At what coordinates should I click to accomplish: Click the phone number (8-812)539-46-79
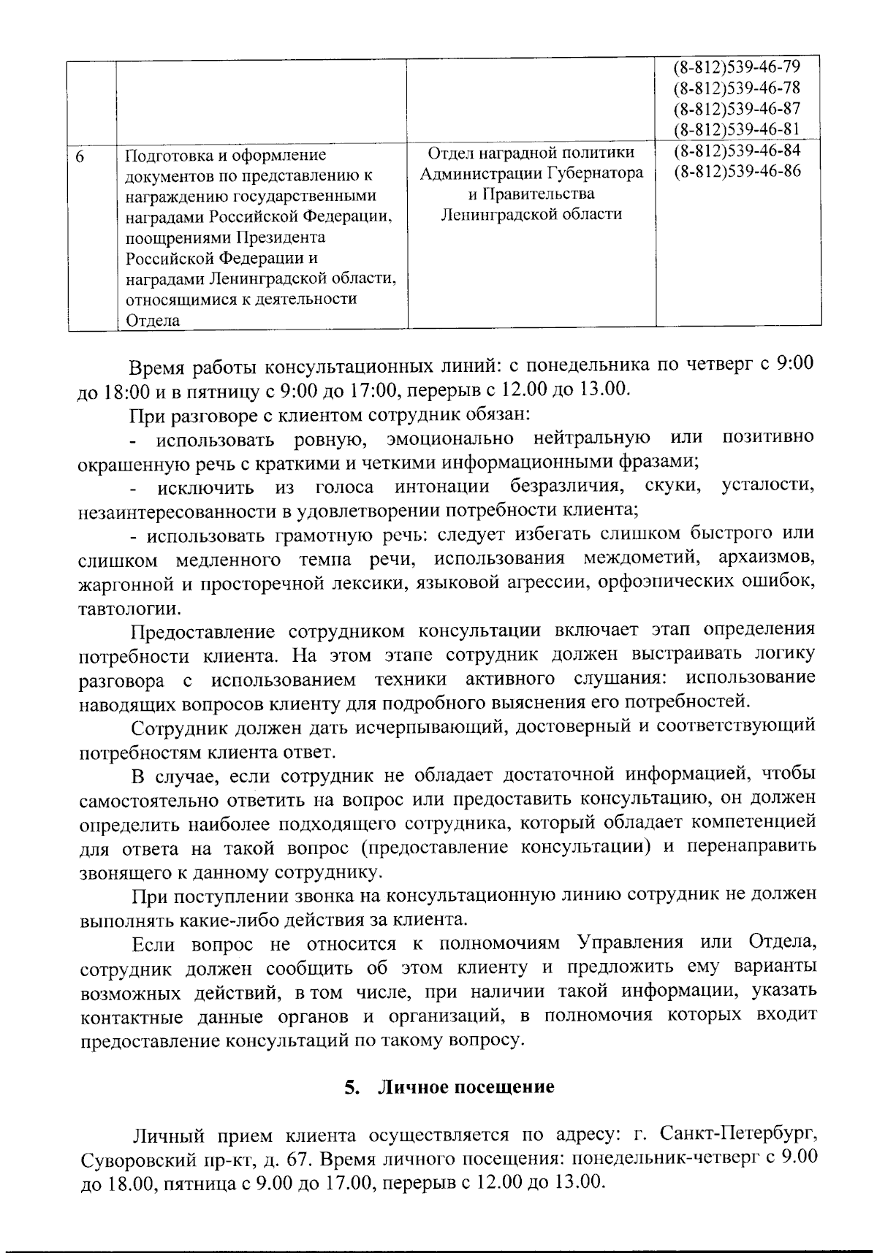click(x=737, y=68)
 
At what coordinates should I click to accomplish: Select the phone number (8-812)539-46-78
click(x=737, y=88)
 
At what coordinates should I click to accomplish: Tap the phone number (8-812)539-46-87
click(x=737, y=109)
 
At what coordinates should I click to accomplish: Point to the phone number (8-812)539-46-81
click(x=737, y=129)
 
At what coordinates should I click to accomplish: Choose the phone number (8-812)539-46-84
click(x=737, y=151)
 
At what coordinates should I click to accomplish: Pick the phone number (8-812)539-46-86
click(x=737, y=172)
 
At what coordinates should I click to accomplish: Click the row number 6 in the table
click(x=80, y=156)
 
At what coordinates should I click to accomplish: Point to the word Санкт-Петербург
click(x=737, y=1135)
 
